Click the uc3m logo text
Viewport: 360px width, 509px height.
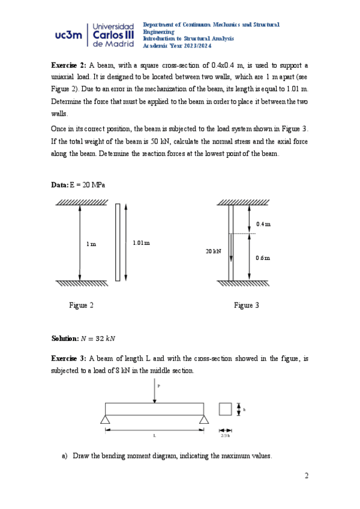pos(67,35)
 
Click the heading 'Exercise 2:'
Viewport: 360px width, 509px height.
pos(69,65)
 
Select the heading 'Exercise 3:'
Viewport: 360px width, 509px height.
pos(69,358)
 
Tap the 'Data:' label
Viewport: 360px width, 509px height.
pos(60,186)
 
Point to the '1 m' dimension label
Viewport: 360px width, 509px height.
pos(91,244)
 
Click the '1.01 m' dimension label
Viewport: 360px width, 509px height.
pos(140,243)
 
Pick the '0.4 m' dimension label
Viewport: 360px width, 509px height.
pos(263,224)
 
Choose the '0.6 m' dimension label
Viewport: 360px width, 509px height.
pos(263,258)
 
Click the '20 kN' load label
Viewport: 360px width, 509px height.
pos(213,251)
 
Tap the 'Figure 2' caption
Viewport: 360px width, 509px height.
pos(82,306)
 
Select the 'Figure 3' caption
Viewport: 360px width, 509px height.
pos(247,306)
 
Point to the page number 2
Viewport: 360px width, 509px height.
pos(306,476)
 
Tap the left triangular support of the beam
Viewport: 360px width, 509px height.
pos(106,419)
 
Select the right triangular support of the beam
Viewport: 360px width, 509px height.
pos(204,419)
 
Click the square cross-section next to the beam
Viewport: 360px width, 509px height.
pos(225,409)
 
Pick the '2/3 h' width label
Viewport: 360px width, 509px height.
pos(225,436)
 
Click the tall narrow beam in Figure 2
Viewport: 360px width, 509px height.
pos(118,242)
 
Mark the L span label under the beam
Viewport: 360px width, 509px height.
pos(154,436)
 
